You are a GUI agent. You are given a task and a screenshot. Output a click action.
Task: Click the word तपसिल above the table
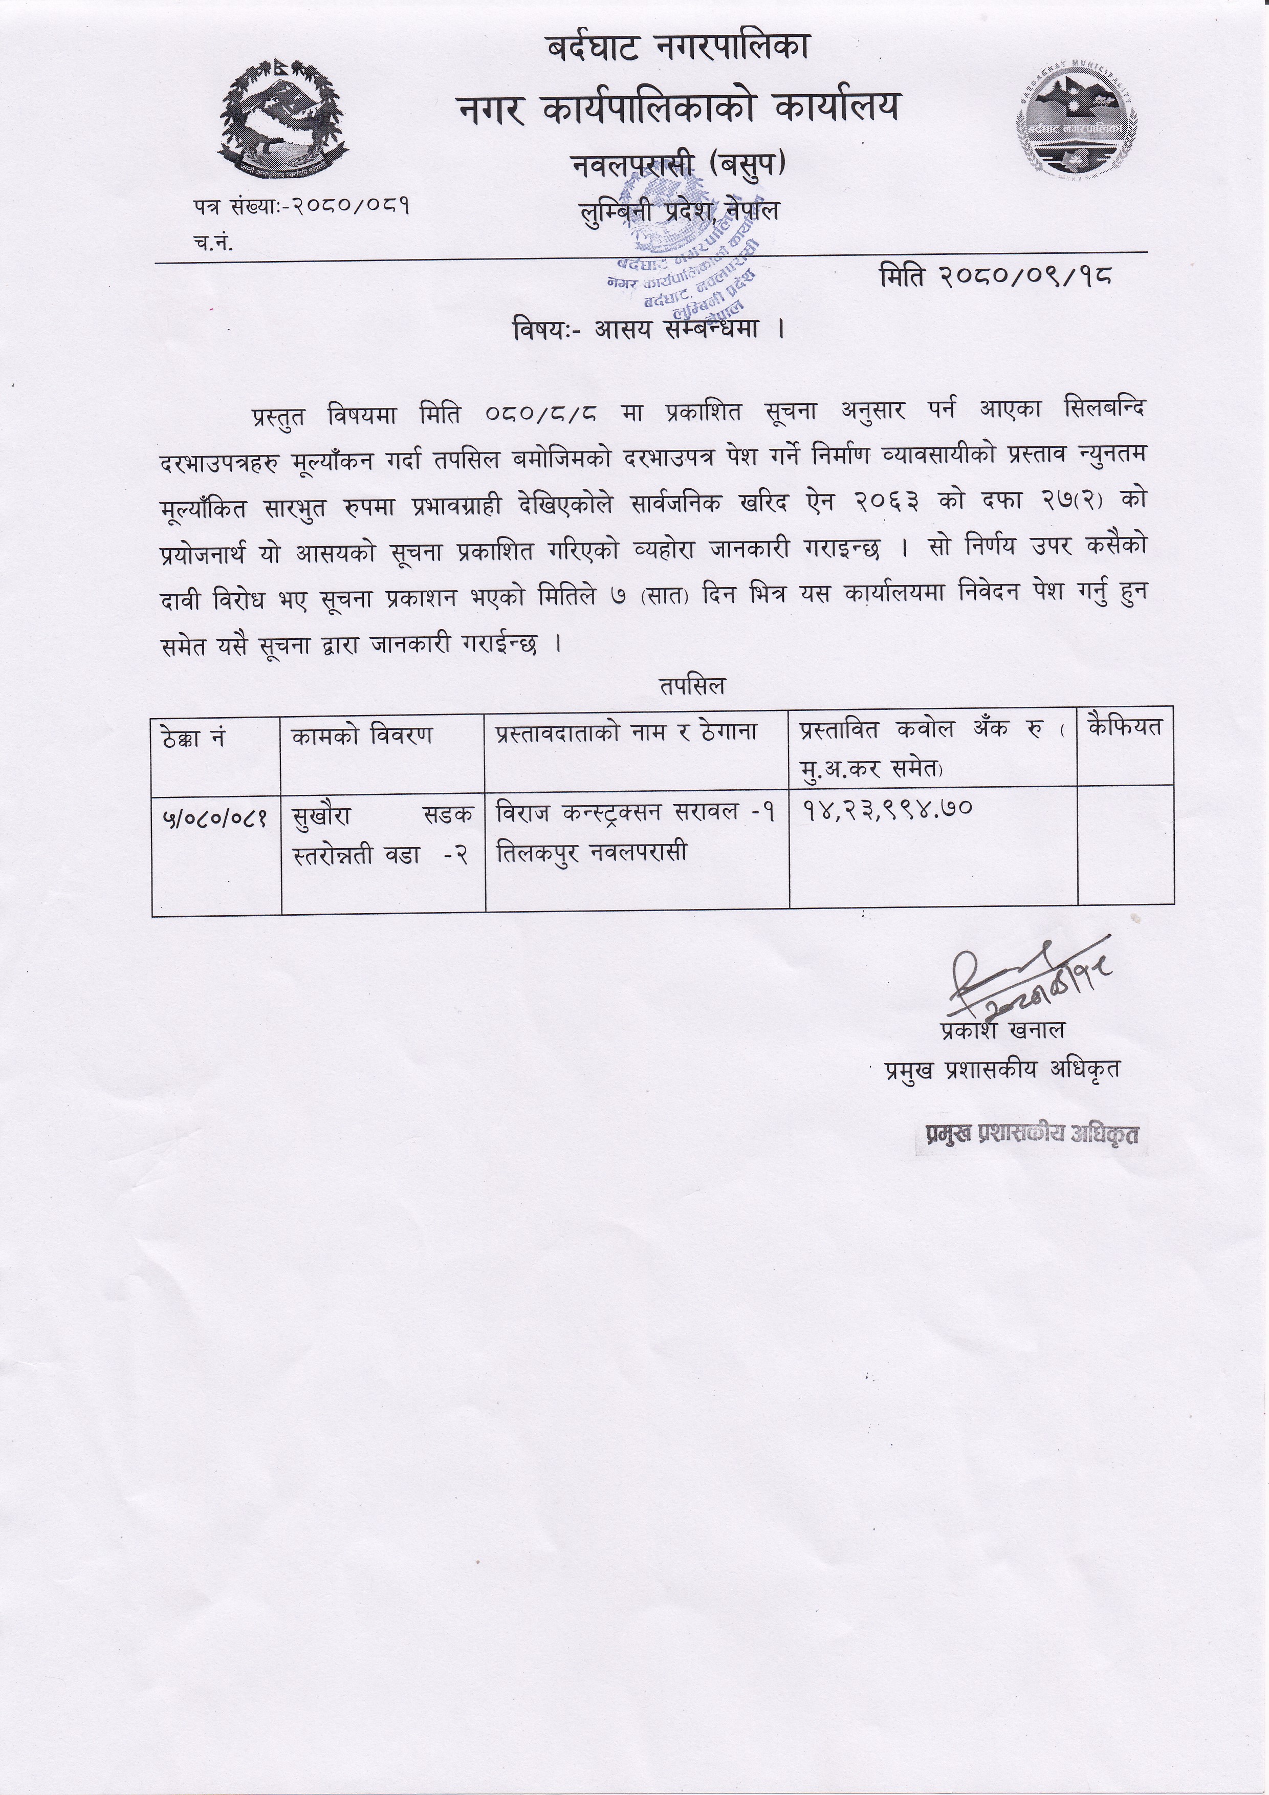tap(691, 686)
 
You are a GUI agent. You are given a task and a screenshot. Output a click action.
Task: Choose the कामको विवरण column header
tap(361, 736)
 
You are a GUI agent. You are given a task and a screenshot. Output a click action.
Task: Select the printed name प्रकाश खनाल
tap(1002, 1030)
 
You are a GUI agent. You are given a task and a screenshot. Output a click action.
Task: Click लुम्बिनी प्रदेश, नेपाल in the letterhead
tap(679, 211)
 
